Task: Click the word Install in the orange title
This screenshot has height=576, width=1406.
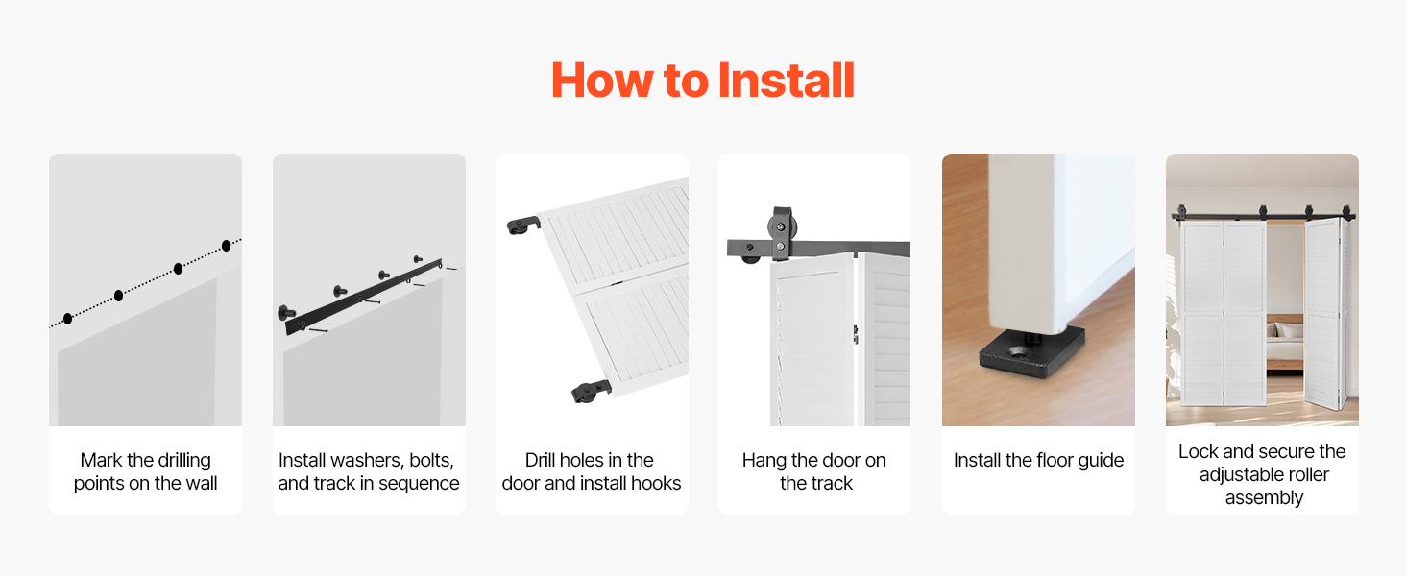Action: click(786, 81)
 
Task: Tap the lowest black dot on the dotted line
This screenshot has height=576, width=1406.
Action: click(68, 319)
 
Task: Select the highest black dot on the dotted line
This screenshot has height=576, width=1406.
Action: click(226, 246)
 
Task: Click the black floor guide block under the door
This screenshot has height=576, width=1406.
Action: click(1032, 352)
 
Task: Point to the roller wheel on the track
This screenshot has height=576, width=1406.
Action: click(780, 228)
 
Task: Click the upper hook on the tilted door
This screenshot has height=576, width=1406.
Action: click(523, 226)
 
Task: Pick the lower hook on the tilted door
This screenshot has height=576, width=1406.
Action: click(591, 391)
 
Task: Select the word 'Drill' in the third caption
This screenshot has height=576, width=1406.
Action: click(539, 460)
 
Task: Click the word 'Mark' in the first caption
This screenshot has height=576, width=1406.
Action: click(101, 460)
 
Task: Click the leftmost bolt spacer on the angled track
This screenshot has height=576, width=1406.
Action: click(287, 311)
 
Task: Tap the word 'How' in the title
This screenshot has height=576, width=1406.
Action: click(602, 81)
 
